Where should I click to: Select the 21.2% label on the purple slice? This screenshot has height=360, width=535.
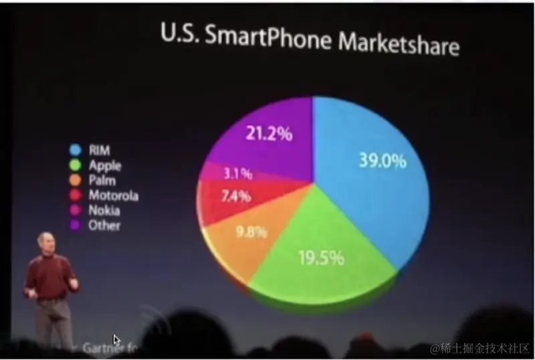(x=269, y=134)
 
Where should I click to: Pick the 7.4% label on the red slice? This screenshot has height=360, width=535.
(x=235, y=197)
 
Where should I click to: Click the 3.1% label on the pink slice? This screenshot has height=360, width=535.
(x=237, y=174)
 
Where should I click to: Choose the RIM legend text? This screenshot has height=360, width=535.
(x=99, y=151)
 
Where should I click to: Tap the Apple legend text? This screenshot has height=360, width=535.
(x=105, y=165)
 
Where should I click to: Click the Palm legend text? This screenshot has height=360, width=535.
(x=102, y=180)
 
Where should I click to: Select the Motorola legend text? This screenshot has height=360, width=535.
(x=114, y=195)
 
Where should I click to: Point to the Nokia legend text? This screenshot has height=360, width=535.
(x=104, y=210)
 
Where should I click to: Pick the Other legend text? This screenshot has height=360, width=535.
(x=104, y=226)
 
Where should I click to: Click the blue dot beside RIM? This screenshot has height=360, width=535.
(x=76, y=151)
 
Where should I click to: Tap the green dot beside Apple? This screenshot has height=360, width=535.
(x=76, y=165)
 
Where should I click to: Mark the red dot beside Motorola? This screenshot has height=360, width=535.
(x=76, y=195)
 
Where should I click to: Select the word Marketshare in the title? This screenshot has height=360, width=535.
(x=399, y=44)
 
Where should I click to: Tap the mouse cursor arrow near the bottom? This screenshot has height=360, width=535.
(x=117, y=339)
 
